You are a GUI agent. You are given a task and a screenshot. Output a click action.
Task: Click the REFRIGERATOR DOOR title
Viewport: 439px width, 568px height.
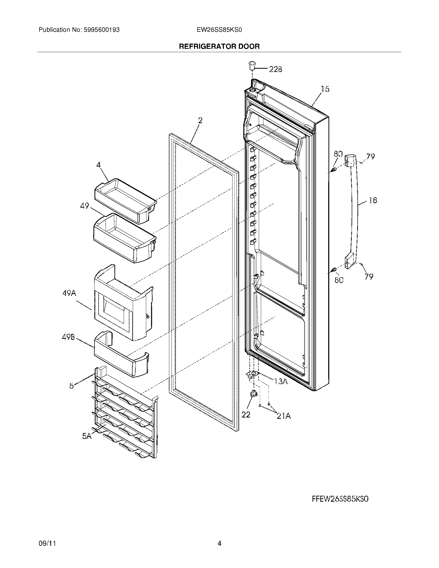click(x=219, y=46)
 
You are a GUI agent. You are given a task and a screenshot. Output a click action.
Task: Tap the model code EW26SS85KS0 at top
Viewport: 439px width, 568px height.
click(x=219, y=30)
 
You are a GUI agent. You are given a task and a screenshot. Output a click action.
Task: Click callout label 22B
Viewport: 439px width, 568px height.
click(x=276, y=69)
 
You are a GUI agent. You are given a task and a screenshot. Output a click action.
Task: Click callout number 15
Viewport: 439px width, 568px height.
click(x=325, y=89)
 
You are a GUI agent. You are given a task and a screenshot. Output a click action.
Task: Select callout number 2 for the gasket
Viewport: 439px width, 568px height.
click(x=200, y=120)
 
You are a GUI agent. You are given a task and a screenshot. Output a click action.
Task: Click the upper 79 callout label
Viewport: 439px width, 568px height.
click(x=371, y=156)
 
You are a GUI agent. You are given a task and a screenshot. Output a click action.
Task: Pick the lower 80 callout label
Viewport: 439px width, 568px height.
click(x=339, y=280)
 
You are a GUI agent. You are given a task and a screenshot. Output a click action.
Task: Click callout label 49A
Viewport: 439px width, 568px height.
click(x=69, y=293)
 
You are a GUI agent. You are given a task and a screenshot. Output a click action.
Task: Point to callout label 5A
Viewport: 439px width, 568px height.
click(x=87, y=436)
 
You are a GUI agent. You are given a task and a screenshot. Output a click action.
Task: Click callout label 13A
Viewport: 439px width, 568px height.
click(x=281, y=381)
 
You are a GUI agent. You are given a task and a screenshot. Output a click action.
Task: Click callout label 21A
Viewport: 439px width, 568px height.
click(x=284, y=416)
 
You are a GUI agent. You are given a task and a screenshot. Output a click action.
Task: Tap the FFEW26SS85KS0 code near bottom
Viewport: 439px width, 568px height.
click(x=340, y=499)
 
